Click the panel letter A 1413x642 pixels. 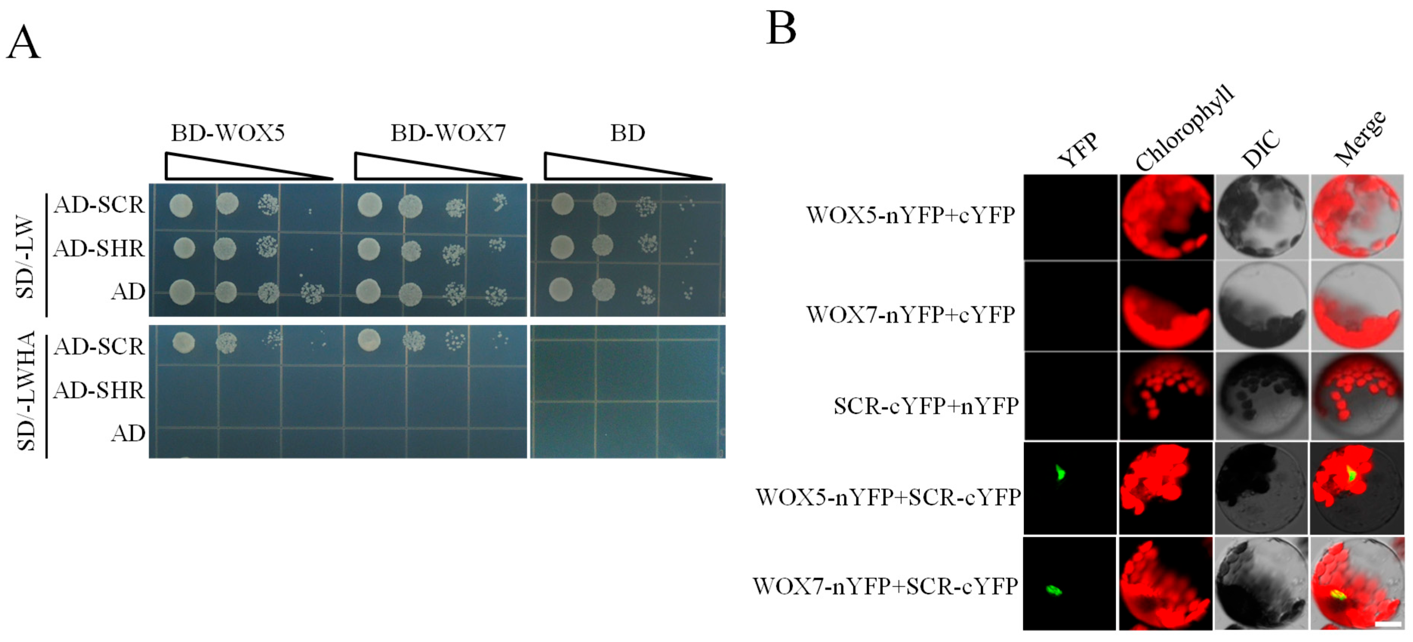(23, 43)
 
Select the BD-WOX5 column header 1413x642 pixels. (228, 133)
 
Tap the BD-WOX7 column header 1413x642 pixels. (448, 133)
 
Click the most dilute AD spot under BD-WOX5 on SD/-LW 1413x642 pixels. (312, 293)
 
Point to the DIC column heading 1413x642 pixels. (1261, 149)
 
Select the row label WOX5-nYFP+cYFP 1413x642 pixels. (911, 215)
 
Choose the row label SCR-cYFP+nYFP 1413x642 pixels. (926, 406)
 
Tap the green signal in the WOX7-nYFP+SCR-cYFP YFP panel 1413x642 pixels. (1054, 590)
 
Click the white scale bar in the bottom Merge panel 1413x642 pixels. (1388, 624)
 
